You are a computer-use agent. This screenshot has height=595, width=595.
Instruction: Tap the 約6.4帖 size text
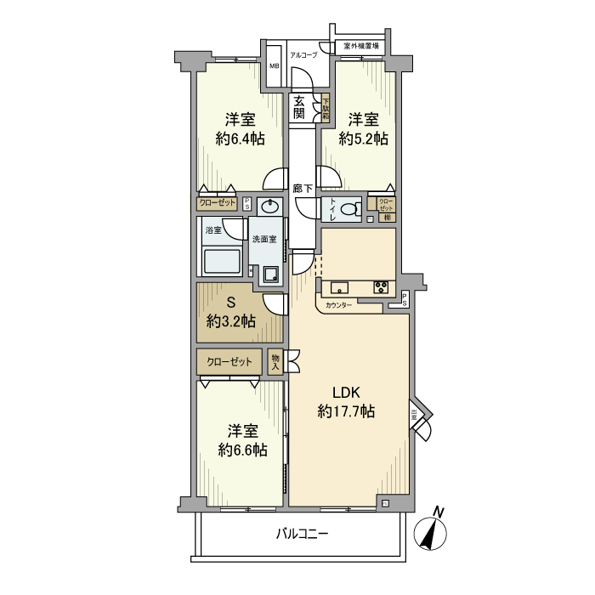pos(239,139)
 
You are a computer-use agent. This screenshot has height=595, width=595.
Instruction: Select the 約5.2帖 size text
pos(364,138)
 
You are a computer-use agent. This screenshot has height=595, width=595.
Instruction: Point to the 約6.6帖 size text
pos(242,450)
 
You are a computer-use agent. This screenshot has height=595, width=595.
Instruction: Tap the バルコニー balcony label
pos(302,535)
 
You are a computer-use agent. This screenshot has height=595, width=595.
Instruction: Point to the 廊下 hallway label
pos(302,189)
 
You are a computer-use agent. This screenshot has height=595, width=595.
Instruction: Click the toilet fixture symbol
pos(350,210)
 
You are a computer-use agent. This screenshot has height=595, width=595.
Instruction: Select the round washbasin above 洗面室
pos(269,207)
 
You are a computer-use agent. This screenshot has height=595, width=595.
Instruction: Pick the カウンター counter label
pos(338,305)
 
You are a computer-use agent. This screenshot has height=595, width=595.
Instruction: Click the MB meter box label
pos(275,65)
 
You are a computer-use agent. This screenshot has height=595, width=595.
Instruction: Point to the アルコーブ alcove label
pos(303,54)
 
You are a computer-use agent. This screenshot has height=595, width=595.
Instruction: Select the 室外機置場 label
pos(361,46)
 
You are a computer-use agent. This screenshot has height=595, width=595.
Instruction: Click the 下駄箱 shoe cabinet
pos(326,107)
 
